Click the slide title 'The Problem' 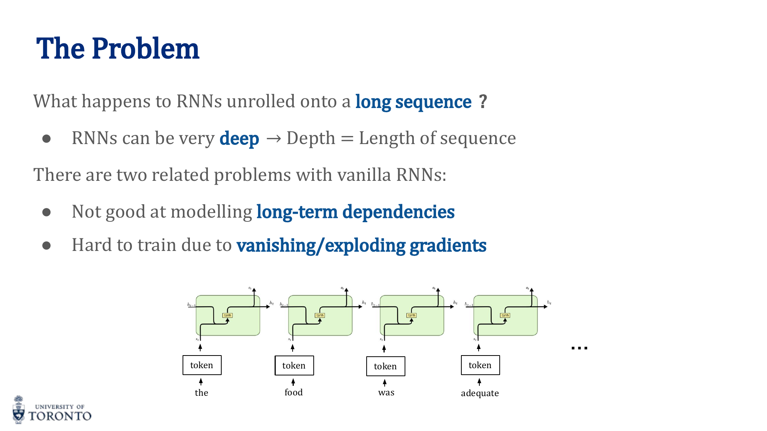coord(118,49)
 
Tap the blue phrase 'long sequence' coord(413,102)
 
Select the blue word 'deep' coord(239,138)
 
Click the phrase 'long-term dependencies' coord(355,212)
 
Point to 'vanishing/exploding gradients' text coord(361,245)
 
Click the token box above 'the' coord(202,365)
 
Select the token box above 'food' coord(294,365)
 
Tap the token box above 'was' coord(385,366)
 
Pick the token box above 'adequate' coord(480,365)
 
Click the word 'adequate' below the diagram coord(480,393)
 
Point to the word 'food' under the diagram coord(293,392)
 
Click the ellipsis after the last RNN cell coord(579,348)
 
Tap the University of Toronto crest coord(18,410)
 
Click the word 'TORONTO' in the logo coord(60,416)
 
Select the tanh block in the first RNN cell coord(227,315)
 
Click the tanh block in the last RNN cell coord(505,315)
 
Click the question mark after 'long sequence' coord(483,102)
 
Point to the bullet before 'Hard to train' coord(46,245)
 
